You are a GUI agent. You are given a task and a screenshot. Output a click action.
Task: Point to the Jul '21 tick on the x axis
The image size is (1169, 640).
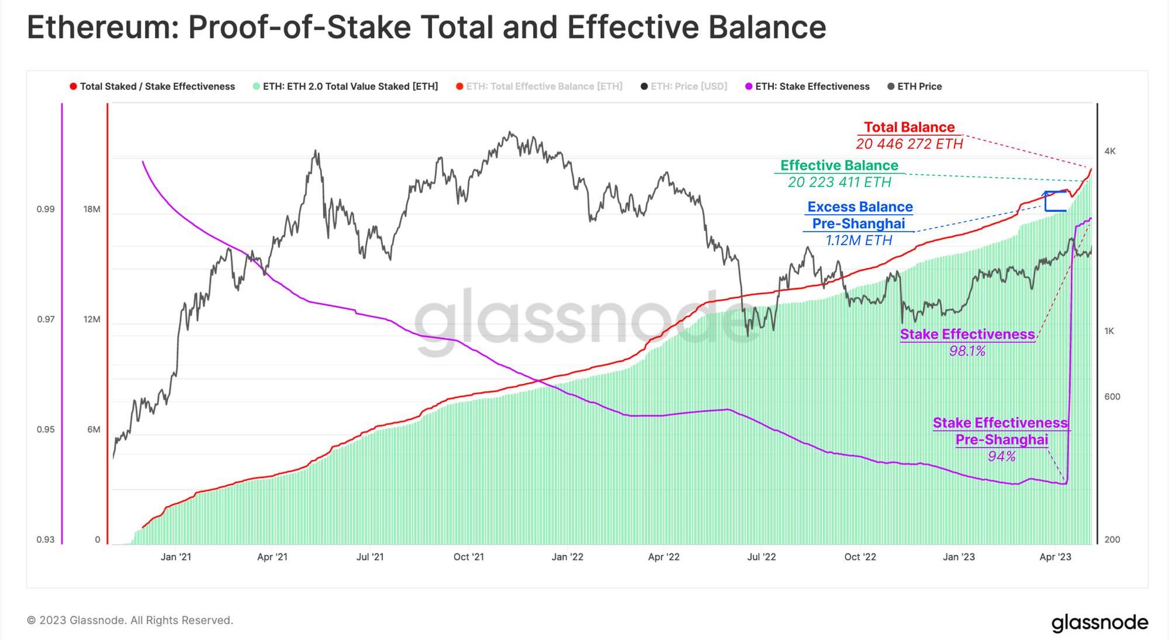click(x=370, y=557)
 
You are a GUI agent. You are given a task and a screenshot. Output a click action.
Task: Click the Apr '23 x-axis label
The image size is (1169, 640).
click(x=1055, y=557)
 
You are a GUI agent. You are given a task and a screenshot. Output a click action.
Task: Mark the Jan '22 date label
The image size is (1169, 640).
click(x=567, y=557)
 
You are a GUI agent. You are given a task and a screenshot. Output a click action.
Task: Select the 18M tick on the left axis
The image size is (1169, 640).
click(x=92, y=209)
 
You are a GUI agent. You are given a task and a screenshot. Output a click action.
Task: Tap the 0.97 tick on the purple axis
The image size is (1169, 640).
click(x=46, y=319)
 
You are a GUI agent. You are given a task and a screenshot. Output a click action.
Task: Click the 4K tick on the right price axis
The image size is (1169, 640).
click(x=1110, y=152)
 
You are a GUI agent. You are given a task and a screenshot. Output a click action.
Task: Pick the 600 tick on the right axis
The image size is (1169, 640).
click(x=1112, y=397)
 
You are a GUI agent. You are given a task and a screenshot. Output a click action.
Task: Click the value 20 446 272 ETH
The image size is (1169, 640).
click(x=909, y=144)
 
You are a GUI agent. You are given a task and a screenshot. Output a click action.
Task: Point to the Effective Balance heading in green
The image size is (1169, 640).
click(x=839, y=166)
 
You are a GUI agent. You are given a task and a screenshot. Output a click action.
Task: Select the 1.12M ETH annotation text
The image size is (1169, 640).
click(x=859, y=240)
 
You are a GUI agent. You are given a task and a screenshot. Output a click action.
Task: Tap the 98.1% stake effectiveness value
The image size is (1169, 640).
click(x=967, y=351)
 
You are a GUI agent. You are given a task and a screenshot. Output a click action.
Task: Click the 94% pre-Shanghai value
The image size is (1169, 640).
click(x=1001, y=456)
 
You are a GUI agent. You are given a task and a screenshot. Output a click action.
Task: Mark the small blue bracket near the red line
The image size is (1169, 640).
click(x=1055, y=201)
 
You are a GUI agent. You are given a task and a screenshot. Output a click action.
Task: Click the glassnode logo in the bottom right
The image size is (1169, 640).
click(x=1099, y=622)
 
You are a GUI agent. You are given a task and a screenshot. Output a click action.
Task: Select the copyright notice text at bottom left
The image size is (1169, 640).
click(x=130, y=620)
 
